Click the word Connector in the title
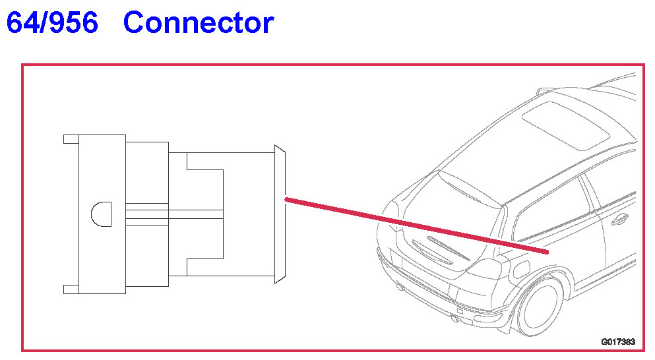point(198,24)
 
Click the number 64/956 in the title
point(53,24)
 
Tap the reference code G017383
point(617,342)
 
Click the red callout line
point(416,225)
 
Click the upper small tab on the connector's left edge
point(71,139)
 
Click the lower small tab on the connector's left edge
point(71,289)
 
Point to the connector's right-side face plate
point(279,215)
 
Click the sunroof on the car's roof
point(565,123)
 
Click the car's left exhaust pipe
point(399,287)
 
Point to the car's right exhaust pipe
point(454,319)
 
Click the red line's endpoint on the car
point(547,251)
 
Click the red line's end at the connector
point(286,198)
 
